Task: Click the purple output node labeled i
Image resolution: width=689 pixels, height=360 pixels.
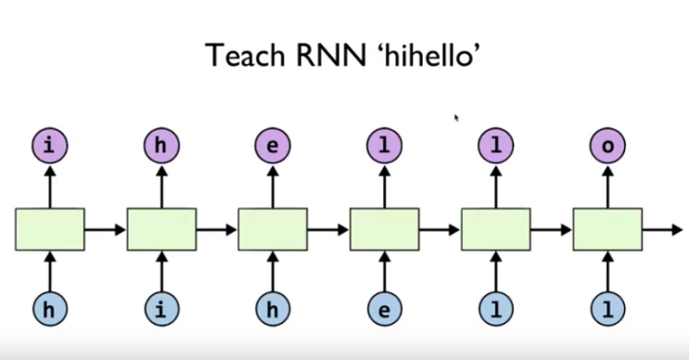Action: [x=50, y=146]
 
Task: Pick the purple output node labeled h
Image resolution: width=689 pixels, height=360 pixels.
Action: [x=161, y=146]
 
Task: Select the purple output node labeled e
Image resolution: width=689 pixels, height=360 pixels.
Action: [x=273, y=146]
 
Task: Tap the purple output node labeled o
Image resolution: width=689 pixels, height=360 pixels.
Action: [x=607, y=146]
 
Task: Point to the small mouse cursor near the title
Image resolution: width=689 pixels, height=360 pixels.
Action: [x=455, y=118]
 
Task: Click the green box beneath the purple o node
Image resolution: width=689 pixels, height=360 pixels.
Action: [x=607, y=229]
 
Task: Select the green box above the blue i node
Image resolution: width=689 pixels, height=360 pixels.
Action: [x=161, y=229]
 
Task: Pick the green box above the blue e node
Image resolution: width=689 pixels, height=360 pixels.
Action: [x=384, y=229]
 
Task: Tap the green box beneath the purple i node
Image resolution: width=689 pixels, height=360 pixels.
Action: [x=50, y=229]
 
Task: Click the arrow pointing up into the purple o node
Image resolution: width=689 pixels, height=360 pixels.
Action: [x=607, y=186]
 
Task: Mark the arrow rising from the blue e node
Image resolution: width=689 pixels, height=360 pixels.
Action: [x=384, y=272]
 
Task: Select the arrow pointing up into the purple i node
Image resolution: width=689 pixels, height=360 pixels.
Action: [x=50, y=186]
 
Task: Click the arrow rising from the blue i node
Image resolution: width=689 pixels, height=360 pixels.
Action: [x=161, y=272]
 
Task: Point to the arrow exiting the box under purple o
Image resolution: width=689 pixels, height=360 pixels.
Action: [x=660, y=229]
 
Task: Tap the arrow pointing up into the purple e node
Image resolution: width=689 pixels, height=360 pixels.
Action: [x=273, y=186]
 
